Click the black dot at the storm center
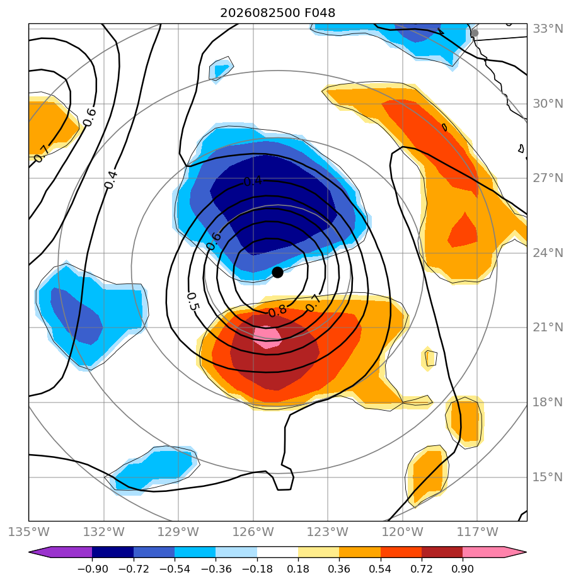point(277,273)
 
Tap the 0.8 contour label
point(277,311)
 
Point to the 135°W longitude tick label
point(28,532)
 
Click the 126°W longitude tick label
point(253,532)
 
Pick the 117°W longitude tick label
point(477,532)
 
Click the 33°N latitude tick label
point(548,28)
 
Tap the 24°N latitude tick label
point(548,253)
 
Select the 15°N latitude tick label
point(548,477)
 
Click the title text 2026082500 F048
point(277,13)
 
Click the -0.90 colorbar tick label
point(93,569)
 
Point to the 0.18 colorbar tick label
point(298,569)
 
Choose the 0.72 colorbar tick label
point(422,569)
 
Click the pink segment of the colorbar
point(483,552)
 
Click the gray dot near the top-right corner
point(475,33)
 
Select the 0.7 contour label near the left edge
point(42,154)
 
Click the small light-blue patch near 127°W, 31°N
point(221,69)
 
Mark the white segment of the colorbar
point(277,552)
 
